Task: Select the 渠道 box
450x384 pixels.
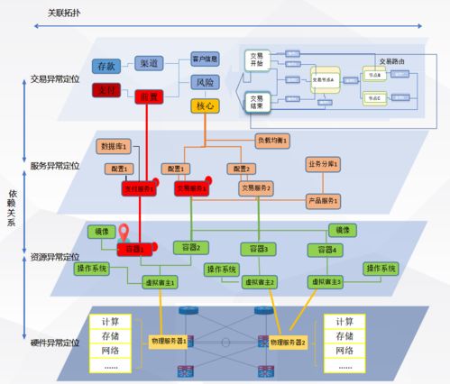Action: [x=150, y=63]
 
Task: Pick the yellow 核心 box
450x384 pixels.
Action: [x=205, y=105]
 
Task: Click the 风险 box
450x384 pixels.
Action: [x=205, y=83]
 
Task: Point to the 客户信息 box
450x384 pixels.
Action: [x=206, y=59]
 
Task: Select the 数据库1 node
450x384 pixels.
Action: [x=115, y=145]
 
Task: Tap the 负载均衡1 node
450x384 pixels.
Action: [x=271, y=141]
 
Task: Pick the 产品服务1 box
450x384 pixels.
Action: [x=322, y=200]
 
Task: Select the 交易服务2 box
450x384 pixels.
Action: [x=256, y=188]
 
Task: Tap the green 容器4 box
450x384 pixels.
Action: [x=323, y=249]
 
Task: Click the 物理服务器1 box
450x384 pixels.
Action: [x=168, y=341]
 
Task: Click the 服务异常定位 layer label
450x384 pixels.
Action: [x=54, y=166]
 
